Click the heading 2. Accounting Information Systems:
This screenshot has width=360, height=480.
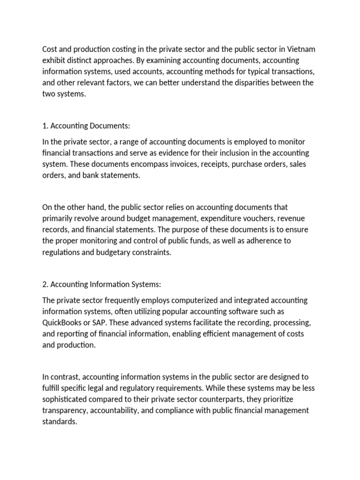[x=102, y=284]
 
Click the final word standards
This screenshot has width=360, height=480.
[x=59, y=421]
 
